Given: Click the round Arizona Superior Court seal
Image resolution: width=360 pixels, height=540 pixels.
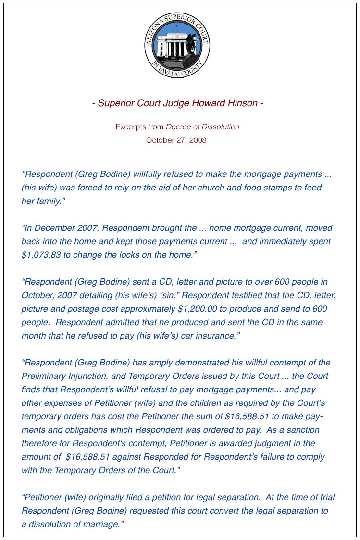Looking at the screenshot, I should [177, 46].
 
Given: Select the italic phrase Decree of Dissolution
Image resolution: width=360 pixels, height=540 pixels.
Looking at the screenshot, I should [202, 127].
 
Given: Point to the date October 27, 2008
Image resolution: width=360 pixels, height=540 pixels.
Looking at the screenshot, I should [176, 140].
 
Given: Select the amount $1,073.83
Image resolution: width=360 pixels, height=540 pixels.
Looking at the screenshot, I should [41, 255].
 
